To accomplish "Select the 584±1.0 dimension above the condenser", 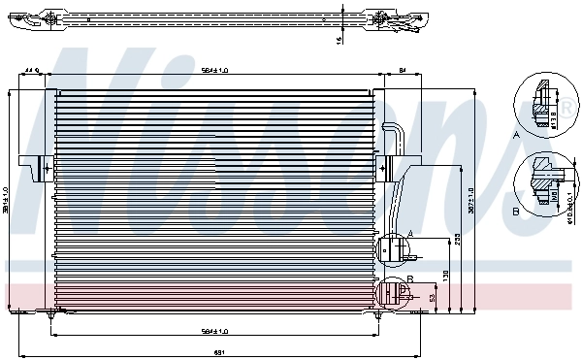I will point(214,70).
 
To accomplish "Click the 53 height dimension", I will point(433,298).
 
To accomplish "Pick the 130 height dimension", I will point(446,276).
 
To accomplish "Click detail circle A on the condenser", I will point(395,248).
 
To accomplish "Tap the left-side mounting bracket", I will point(42,167).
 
